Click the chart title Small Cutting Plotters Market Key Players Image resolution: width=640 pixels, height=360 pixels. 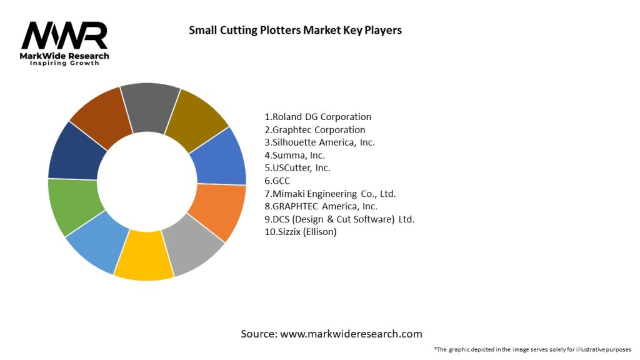click(x=296, y=29)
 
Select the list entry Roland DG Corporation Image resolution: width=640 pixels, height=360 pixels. click(x=318, y=117)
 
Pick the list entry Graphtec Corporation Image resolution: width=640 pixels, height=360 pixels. click(x=315, y=130)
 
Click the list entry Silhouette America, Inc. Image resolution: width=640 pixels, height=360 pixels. click(x=319, y=142)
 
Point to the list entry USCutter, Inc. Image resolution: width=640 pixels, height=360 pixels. click(x=297, y=168)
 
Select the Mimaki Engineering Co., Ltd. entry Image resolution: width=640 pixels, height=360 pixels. click(x=330, y=194)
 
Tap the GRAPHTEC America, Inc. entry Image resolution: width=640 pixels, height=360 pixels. click(x=321, y=206)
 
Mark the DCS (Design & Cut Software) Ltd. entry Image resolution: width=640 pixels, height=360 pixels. click(x=339, y=219)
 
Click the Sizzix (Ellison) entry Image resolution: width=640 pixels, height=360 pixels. click(x=301, y=232)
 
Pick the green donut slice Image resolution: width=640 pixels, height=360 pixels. click(x=74, y=205)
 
